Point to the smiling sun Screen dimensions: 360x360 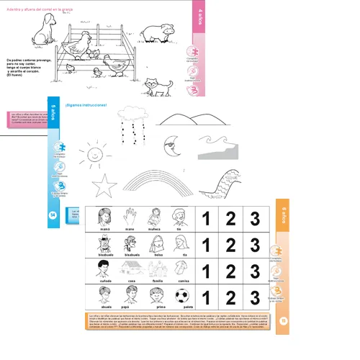click(92, 154)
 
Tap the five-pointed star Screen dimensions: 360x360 click(106, 185)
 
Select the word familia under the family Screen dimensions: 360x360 click(157, 283)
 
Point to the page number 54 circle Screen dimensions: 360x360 click(53, 214)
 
